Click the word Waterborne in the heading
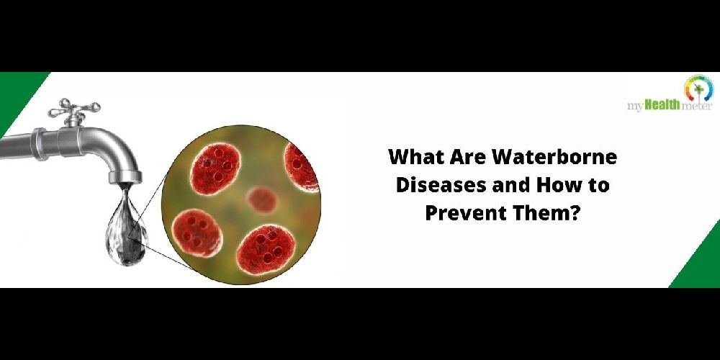[x=554, y=158]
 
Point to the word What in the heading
[x=414, y=158]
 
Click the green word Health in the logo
[x=662, y=106]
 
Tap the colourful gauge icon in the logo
[x=698, y=88]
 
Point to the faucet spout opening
[x=125, y=181]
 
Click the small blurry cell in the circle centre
[x=262, y=199]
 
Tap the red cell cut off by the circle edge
[x=300, y=166]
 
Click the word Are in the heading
[x=466, y=158]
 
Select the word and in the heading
[x=510, y=186]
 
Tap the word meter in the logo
[x=696, y=107]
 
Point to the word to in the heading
[x=600, y=186]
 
